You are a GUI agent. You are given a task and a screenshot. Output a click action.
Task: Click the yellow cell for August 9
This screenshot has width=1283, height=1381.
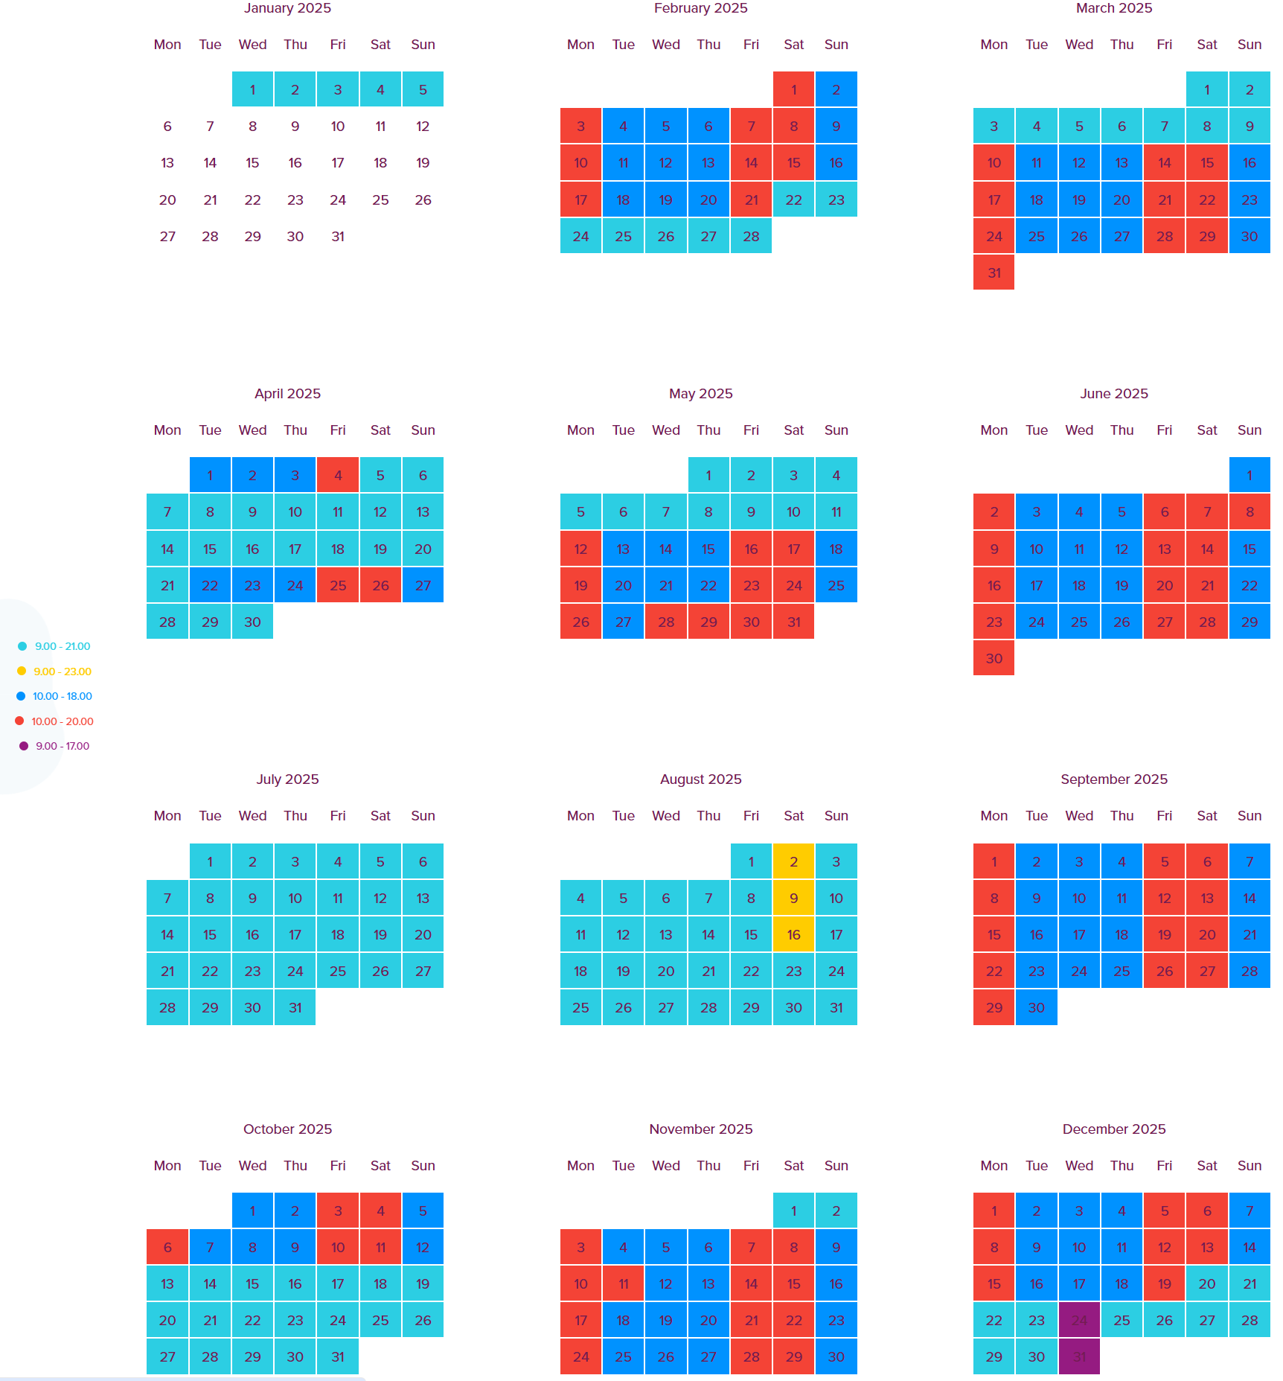(x=793, y=898)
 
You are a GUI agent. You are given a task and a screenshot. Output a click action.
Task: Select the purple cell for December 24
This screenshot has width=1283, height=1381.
(x=1079, y=1320)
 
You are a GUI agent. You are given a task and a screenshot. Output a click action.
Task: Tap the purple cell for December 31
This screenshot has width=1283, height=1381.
(x=1079, y=1356)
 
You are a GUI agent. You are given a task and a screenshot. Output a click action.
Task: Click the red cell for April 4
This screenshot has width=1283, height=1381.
(x=338, y=475)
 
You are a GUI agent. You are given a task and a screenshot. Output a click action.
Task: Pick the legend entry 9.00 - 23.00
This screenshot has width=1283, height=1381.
(x=62, y=672)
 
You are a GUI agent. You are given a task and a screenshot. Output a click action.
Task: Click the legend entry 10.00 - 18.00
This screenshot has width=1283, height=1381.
(x=62, y=696)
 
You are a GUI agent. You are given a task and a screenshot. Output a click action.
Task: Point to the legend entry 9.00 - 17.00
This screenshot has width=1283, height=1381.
(x=62, y=746)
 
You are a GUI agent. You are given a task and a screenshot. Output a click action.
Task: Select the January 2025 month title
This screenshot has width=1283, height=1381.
(x=287, y=8)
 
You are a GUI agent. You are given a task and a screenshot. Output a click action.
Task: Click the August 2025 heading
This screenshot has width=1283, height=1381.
(x=700, y=779)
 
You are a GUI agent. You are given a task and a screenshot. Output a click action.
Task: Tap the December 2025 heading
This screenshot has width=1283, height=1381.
(x=1113, y=1129)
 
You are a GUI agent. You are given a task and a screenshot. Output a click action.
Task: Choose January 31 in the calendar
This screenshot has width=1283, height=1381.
(x=338, y=236)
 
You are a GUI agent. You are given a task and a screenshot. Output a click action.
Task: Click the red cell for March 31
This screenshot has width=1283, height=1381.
(x=994, y=272)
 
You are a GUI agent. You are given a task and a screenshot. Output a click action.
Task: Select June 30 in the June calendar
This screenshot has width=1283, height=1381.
(x=994, y=658)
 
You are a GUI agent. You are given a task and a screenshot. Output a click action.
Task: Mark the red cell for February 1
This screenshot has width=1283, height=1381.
(x=793, y=89)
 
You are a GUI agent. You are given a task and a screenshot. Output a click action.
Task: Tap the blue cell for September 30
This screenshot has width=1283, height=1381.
(x=1036, y=1007)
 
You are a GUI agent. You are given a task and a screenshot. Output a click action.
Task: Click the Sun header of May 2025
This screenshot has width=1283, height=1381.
(x=836, y=430)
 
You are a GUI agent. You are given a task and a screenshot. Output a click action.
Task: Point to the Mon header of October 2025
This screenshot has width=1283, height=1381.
(x=167, y=1165)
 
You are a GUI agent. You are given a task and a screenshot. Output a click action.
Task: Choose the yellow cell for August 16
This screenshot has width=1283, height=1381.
(x=793, y=934)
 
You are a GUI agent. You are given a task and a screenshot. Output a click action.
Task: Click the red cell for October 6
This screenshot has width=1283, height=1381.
(x=167, y=1247)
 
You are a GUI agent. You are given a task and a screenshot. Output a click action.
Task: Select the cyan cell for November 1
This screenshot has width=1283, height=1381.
(x=793, y=1211)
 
